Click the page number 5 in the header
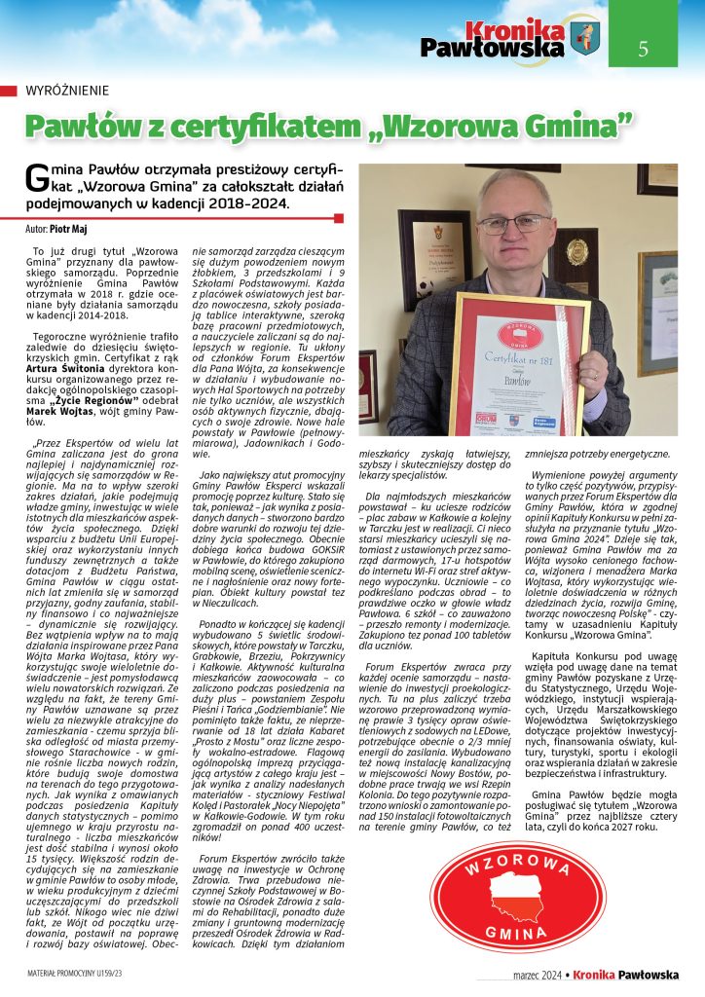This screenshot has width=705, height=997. (x=643, y=48)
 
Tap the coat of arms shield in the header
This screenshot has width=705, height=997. (x=585, y=39)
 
